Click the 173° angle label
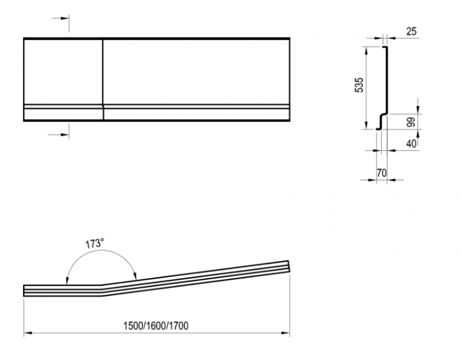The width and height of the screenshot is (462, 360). click(x=95, y=243)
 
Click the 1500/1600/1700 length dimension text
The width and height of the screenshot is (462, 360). click(x=156, y=326)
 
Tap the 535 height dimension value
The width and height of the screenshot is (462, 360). click(x=359, y=85)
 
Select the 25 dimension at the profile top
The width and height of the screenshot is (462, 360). click(x=412, y=31)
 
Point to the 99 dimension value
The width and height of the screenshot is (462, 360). click(x=411, y=122)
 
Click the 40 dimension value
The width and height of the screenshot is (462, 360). click(x=411, y=144)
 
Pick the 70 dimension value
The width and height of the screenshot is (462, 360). click(x=382, y=172)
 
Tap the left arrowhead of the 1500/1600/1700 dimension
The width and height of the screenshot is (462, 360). click(x=28, y=333)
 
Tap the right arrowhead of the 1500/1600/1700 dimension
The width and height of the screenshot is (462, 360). click(x=286, y=333)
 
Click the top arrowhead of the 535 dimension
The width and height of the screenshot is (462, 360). click(x=366, y=51)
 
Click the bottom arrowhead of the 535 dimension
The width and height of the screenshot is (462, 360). click(x=366, y=125)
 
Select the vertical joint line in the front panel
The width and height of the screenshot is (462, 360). click(x=103, y=80)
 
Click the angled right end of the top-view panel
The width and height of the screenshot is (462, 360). click(x=289, y=267)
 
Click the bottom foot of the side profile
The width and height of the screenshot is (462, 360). click(x=379, y=129)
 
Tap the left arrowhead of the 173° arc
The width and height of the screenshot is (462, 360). click(x=67, y=281)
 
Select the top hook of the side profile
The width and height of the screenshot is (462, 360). click(x=385, y=47)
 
